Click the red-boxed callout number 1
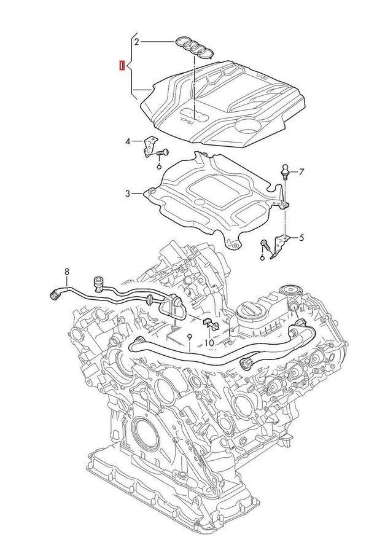pos(122,65)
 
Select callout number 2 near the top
pos(136,42)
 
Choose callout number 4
pos(128,142)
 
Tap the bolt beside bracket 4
pos(163,152)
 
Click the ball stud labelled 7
pos(285,168)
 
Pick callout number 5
pos(301,237)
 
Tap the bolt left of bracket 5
pos(265,245)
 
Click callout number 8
pos(67,272)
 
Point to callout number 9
pos(190,337)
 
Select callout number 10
pos(209,342)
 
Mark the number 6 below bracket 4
pos(159,166)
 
